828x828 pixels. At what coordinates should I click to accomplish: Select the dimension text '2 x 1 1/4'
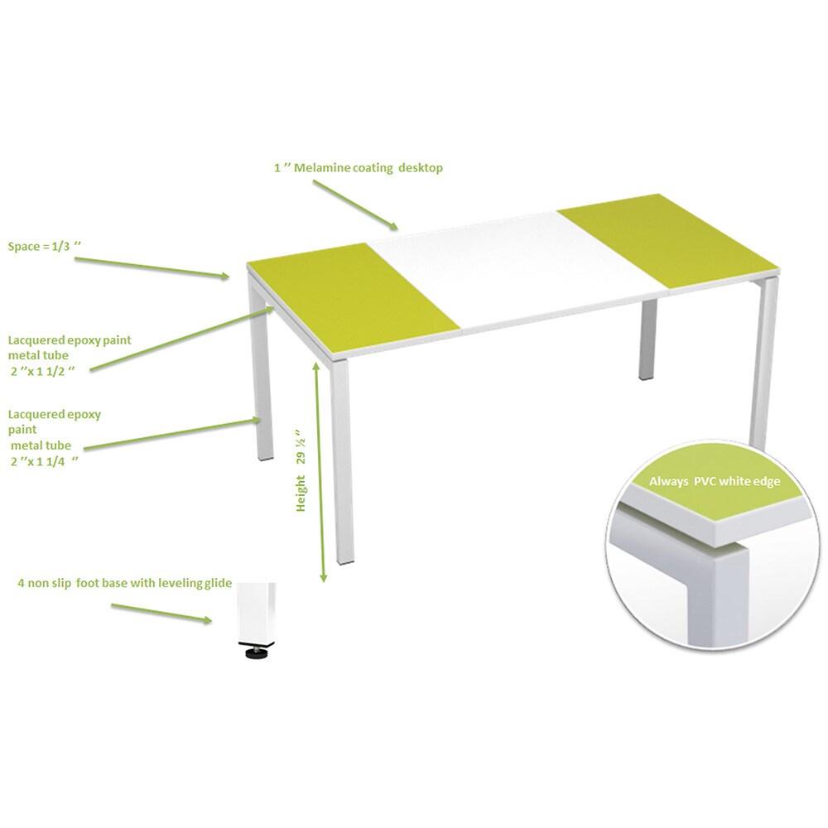click(x=46, y=461)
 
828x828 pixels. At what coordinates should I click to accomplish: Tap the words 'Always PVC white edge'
click(x=714, y=481)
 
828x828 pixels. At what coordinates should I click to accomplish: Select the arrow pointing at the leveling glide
click(x=162, y=614)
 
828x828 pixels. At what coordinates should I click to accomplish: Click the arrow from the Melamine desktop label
click(x=356, y=204)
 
